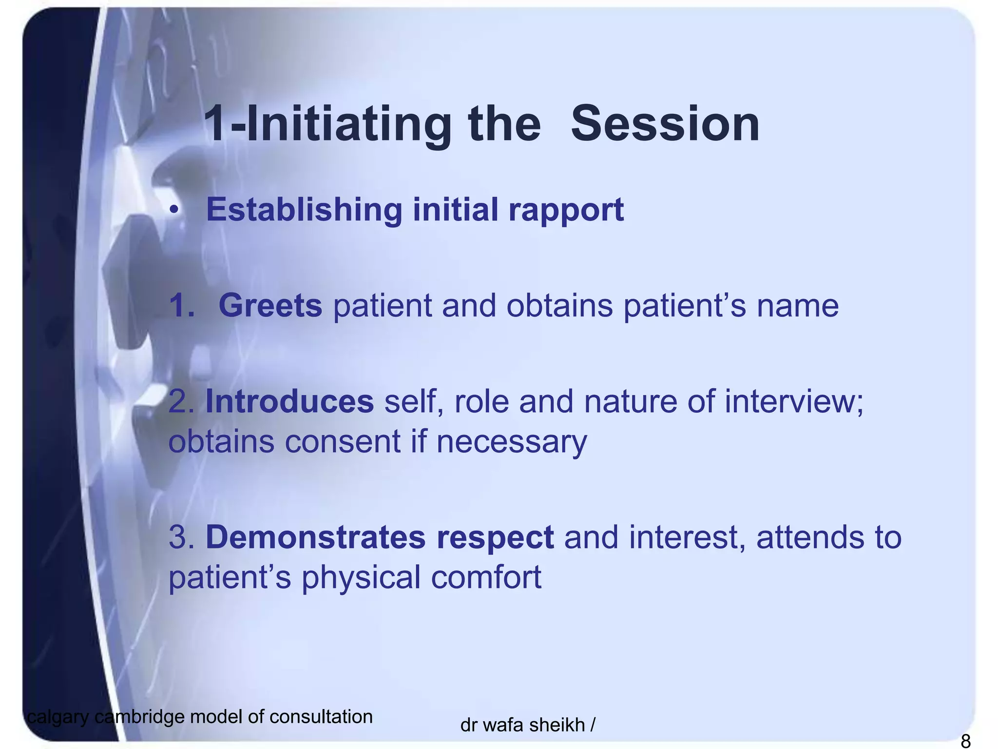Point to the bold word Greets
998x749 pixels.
(x=270, y=306)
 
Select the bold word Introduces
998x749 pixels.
(x=289, y=401)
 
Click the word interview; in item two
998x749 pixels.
(x=794, y=401)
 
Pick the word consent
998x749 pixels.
(x=343, y=441)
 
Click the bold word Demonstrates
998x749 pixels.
(x=315, y=537)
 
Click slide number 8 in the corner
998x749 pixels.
(x=965, y=741)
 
